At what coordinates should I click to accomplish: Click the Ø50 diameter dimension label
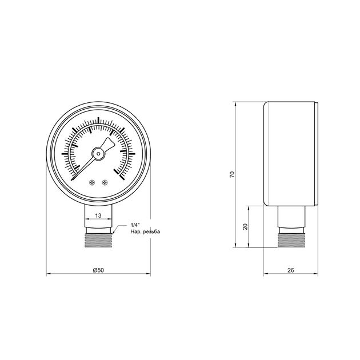click(x=98, y=270)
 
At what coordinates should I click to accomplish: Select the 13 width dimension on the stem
click(x=98, y=215)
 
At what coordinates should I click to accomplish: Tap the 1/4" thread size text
click(x=135, y=225)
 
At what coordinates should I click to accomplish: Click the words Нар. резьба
click(x=145, y=231)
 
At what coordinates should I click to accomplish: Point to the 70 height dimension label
click(x=232, y=174)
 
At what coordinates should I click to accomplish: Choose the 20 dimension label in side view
click(x=245, y=227)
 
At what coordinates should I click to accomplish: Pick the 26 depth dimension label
click(x=291, y=270)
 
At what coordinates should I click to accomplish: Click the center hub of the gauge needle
click(x=98, y=154)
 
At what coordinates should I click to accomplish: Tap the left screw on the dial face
click(x=92, y=182)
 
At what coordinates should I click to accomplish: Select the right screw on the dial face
click(x=105, y=182)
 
